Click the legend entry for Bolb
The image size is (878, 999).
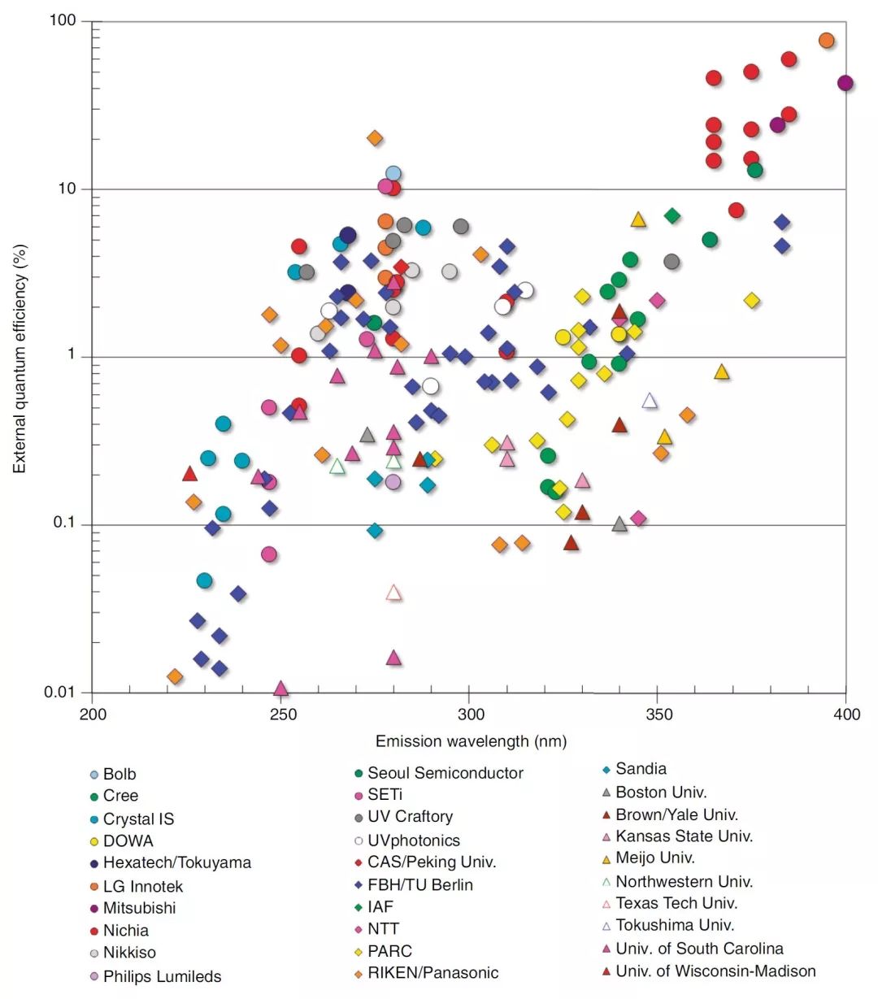tap(120, 775)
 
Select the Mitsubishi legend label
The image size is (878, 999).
tap(139, 909)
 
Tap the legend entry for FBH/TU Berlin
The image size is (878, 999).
tap(419, 885)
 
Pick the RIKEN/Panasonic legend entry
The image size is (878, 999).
tap(432, 973)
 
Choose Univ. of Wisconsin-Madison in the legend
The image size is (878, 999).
tap(715, 971)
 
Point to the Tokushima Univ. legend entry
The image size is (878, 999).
tap(675, 926)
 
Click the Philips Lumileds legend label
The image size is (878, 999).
tap(162, 977)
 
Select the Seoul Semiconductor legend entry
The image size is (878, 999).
tap(445, 774)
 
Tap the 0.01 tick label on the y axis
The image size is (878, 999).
tap(59, 693)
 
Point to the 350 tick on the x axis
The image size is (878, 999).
tap(658, 715)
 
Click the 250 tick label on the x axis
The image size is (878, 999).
tap(283, 715)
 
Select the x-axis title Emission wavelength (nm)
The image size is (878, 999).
tap(471, 741)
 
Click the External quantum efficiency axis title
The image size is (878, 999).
tap(20, 358)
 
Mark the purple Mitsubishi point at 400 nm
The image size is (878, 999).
tap(845, 83)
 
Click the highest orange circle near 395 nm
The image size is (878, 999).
tap(827, 41)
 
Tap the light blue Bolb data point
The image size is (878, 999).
tap(393, 173)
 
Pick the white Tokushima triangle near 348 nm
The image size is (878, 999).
tap(650, 401)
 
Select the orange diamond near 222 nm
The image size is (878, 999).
tap(175, 677)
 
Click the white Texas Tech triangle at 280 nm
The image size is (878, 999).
tap(393, 593)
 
